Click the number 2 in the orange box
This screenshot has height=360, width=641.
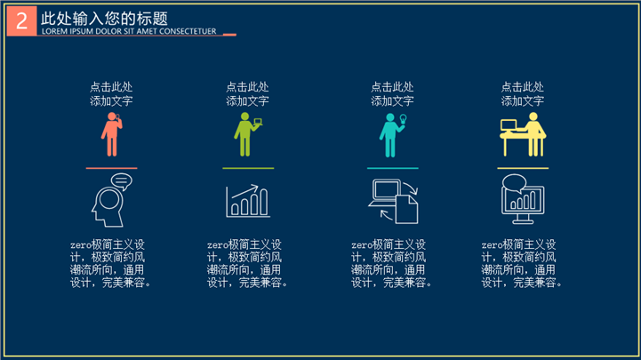(x=21, y=20)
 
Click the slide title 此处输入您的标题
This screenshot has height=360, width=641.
(x=104, y=19)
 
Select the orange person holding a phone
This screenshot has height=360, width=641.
(x=112, y=134)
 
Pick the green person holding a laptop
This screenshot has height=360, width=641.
(x=247, y=134)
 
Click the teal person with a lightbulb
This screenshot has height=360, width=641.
(x=392, y=135)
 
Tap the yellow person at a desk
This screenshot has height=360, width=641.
(x=523, y=134)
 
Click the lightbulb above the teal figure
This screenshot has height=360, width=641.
(x=403, y=119)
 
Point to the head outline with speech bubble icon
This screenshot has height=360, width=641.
(x=112, y=200)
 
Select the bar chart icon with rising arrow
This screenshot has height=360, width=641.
(x=248, y=201)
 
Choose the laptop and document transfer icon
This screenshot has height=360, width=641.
(x=393, y=201)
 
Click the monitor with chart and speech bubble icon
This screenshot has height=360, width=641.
(x=523, y=199)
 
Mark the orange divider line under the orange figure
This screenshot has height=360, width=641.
(x=112, y=168)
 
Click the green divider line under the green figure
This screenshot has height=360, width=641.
(x=248, y=168)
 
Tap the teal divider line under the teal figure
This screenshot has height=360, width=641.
(x=393, y=168)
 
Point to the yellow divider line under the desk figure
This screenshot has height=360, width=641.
(x=523, y=168)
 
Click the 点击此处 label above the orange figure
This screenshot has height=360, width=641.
(x=111, y=87)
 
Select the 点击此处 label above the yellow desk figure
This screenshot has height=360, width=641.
(x=523, y=87)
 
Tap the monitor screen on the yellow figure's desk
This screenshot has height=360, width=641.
(x=509, y=125)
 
